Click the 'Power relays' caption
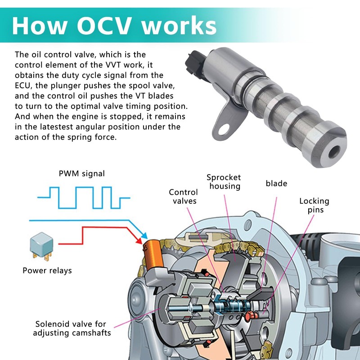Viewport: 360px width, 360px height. pos(47,270)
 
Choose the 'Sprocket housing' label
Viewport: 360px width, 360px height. pos(224,182)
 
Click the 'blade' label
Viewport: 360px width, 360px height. pos(276,183)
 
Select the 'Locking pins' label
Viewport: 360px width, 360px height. pos(314,205)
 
